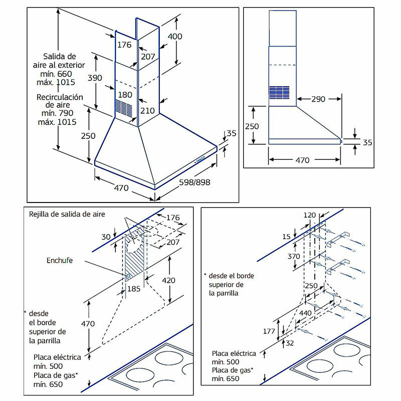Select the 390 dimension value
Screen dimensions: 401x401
point(95,78)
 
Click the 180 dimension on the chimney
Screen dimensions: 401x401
point(125,95)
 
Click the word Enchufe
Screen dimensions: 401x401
point(60,261)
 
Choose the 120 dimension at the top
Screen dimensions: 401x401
point(310,215)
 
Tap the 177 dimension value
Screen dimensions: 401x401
point(268,331)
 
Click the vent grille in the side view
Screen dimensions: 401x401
point(279,92)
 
